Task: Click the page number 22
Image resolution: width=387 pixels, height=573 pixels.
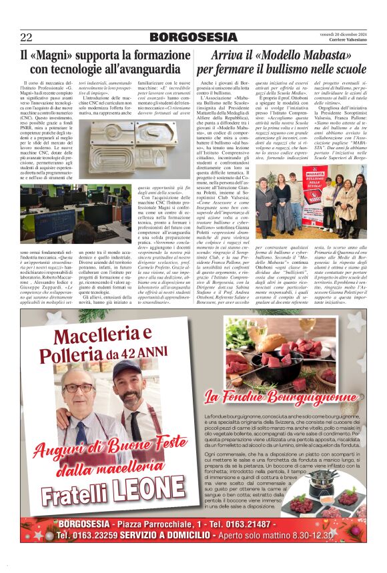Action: (26, 37)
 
